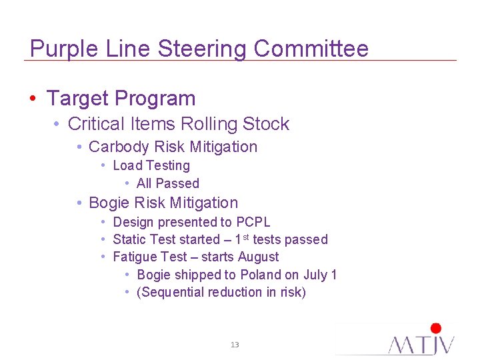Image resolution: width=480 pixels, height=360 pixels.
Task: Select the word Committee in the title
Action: (311, 49)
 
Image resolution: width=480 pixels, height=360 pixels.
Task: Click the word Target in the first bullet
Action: (76, 99)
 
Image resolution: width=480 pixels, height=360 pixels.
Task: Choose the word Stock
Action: (266, 124)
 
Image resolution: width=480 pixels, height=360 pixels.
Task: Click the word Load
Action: (127, 165)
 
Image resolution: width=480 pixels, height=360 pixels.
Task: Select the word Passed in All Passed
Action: (177, 183)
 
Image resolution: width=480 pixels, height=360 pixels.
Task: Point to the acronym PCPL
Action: (253, 222)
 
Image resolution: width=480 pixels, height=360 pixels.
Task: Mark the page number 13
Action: (234, 345)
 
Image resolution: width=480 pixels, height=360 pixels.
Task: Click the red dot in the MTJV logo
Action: (436, 328)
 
